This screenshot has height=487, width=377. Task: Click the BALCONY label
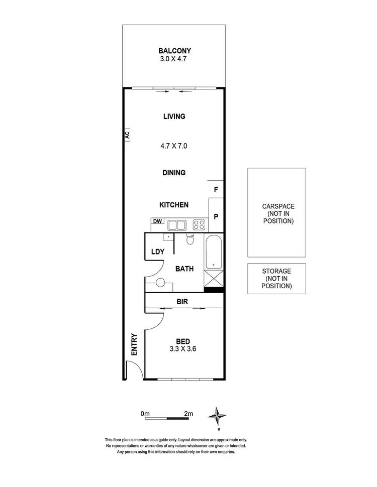click(174, 51)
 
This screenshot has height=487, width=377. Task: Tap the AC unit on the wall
click(128, 134)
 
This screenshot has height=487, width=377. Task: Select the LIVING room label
click(174, 116)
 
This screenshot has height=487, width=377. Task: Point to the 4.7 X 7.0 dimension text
click(174, 146)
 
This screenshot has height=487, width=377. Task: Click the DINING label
click(174, 173)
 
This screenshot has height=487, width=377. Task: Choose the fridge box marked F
click(216, 190)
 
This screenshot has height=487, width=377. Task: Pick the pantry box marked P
click(216, 216)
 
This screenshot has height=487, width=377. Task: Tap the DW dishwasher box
click(157, 221)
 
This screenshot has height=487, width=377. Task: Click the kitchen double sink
click(176, 225)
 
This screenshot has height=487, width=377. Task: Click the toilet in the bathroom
click(190, 239)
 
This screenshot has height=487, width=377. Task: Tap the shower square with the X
click(214, 278)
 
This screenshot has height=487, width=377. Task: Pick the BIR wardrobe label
click(182, 302)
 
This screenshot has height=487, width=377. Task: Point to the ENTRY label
click(134, 345)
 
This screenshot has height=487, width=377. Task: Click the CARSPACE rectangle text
click(278, 213)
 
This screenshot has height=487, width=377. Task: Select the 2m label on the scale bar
click(189, 413)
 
